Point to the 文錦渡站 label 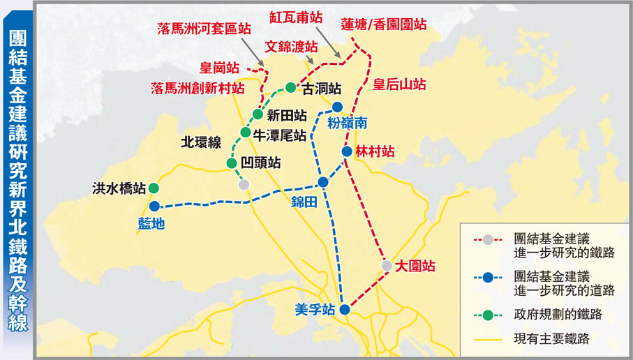pos(291,47)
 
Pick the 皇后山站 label pos(399,84)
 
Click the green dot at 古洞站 pos(291,88)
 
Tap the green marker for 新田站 pos(258,114)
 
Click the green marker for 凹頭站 pos(232,163)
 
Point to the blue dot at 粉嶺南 pos(337,107)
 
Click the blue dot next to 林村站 pos(347,151)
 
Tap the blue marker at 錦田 pos(322,182)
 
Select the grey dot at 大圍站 pos(387,265)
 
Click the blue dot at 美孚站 pos(345,310)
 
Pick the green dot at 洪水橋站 pos(154,188)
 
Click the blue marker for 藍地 pos(154,206)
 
